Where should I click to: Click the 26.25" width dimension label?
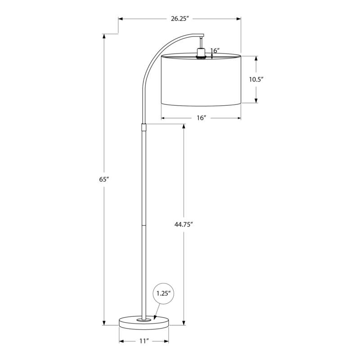click(x=179, y=18)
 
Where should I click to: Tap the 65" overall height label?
click(x=104, y=179)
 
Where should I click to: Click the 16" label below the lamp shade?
click(x=201, y=118)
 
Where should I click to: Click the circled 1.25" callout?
click(x=164, y=293)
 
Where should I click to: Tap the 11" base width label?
click(x=144, y=342)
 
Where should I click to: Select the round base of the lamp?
click(x=144, y=321)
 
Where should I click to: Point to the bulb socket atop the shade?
click(x=201, y=52)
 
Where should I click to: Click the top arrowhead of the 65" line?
click(x=104, y=36)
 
